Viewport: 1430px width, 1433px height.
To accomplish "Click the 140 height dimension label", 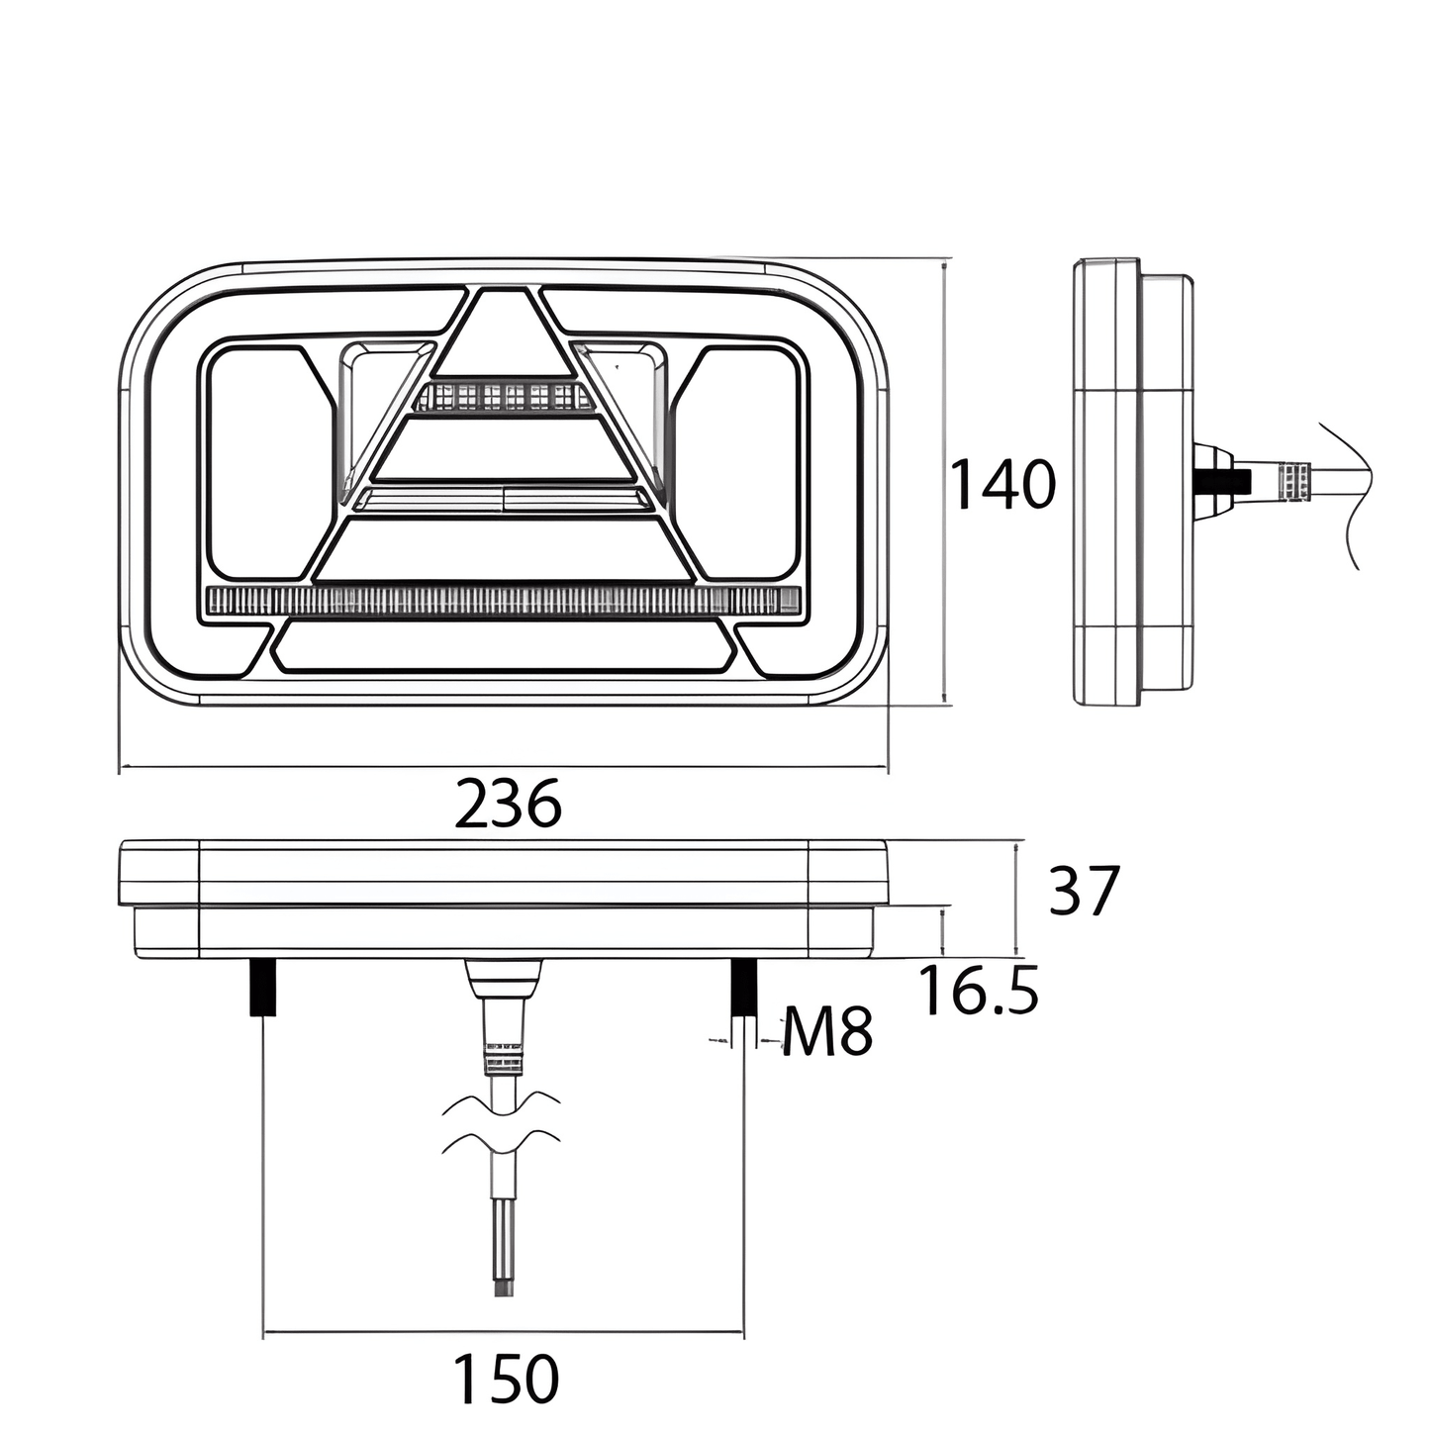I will pos(1002,485).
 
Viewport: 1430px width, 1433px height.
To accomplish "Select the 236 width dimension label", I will pos(508,804).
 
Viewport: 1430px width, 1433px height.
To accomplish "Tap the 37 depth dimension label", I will pos(1084,891).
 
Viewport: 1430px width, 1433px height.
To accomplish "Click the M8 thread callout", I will pos(827,1031).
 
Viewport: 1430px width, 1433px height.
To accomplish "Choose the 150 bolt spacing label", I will pos(506,1379).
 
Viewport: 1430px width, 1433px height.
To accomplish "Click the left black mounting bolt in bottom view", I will pos(262,988).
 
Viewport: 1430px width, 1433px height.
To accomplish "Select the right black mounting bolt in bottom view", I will pos(743,988).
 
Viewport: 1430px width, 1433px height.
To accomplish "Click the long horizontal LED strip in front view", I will pos(504,600).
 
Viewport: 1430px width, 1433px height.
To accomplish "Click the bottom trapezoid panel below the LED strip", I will pos(505,645).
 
